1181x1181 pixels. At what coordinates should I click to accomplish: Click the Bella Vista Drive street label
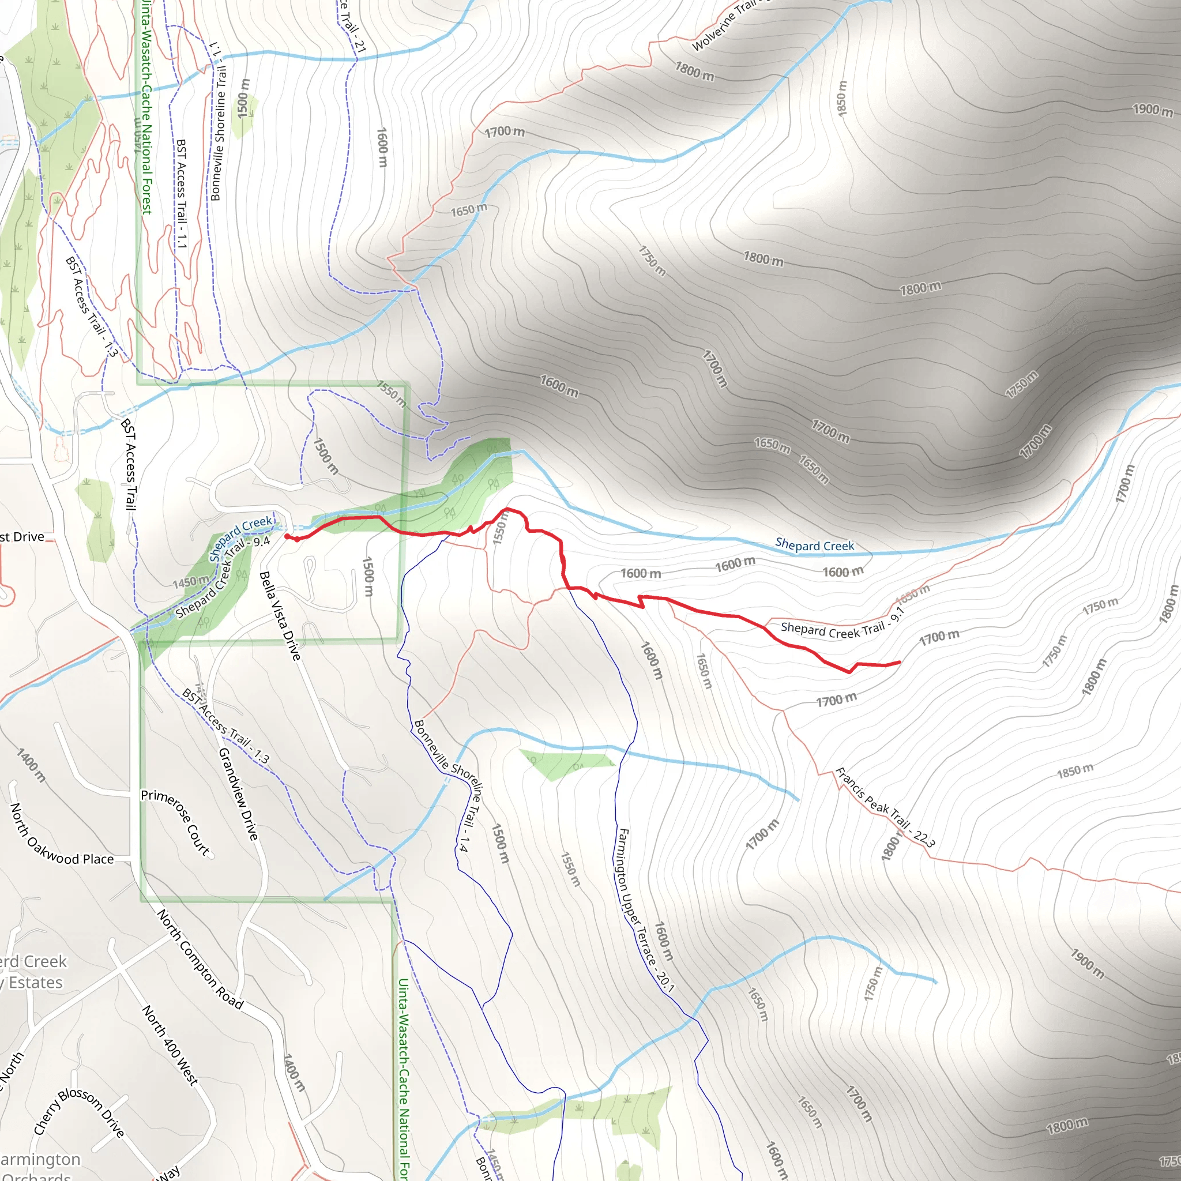280,615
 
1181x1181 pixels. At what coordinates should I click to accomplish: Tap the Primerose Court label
175,822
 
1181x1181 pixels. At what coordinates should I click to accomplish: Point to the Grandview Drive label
238,793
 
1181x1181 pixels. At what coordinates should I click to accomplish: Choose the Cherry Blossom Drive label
79,1112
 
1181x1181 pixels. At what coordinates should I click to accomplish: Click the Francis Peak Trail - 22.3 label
885,807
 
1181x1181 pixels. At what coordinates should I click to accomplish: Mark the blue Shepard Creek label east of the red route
814,544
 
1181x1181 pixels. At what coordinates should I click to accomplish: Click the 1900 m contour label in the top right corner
1153,110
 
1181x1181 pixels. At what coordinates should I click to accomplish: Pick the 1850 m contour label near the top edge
841,98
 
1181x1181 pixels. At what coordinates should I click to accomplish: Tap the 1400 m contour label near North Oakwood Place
31,765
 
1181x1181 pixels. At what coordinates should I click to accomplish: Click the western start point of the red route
287,536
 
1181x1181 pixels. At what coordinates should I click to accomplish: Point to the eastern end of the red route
899,662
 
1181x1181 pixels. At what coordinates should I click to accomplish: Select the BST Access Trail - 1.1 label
181,193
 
